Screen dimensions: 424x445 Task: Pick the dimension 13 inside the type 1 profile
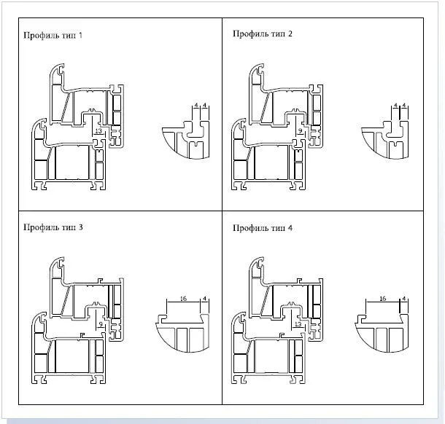[97, 132]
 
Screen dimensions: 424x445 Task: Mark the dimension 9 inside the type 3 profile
[100, 323]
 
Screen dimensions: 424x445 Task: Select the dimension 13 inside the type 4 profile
[297, 323]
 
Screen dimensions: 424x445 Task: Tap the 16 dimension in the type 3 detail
[182, 299]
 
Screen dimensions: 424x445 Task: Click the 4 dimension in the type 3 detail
[204, 299]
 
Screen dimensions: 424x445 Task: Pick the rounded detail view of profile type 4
[383, 331]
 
